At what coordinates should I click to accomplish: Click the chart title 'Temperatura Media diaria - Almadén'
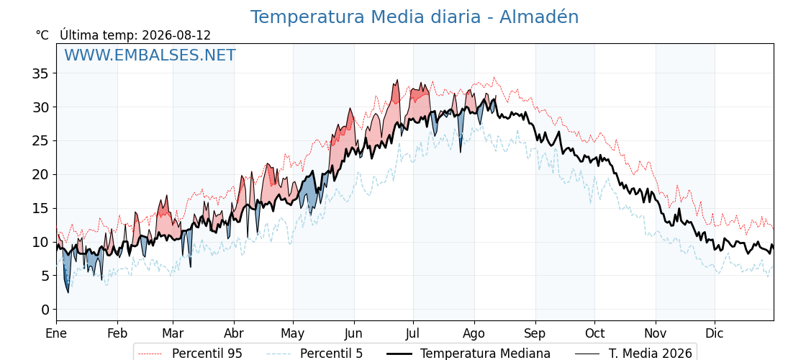coord(415,17)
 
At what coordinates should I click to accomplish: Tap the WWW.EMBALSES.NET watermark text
coord(150,55)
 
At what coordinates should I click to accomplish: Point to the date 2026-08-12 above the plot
coord(176,35)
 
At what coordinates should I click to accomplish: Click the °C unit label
coord(42,35)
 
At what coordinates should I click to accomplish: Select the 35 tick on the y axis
coord(41,73)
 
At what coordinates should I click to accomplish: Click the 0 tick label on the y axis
coord(45,309)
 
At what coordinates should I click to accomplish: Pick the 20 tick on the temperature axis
coord(41,174)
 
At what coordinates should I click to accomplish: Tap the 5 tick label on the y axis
coord(45,276)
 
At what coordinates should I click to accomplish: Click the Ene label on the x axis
coord(57,333)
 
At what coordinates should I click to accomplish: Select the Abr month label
coord(234,333)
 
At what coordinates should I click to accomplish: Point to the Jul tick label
coord(413,333)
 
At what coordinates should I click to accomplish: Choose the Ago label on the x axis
coord(474,334)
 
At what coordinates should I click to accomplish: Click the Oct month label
coord(594,333)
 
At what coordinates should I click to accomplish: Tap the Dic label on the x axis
coord(715,333)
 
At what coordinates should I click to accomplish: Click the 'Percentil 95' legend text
coord(207,354)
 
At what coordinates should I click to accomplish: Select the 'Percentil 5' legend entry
coord(331,354)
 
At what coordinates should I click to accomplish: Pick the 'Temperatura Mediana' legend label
coord(485,354)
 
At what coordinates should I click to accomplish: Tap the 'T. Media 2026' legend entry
coord(651,354)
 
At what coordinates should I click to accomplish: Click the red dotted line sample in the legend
coord(151,354)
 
